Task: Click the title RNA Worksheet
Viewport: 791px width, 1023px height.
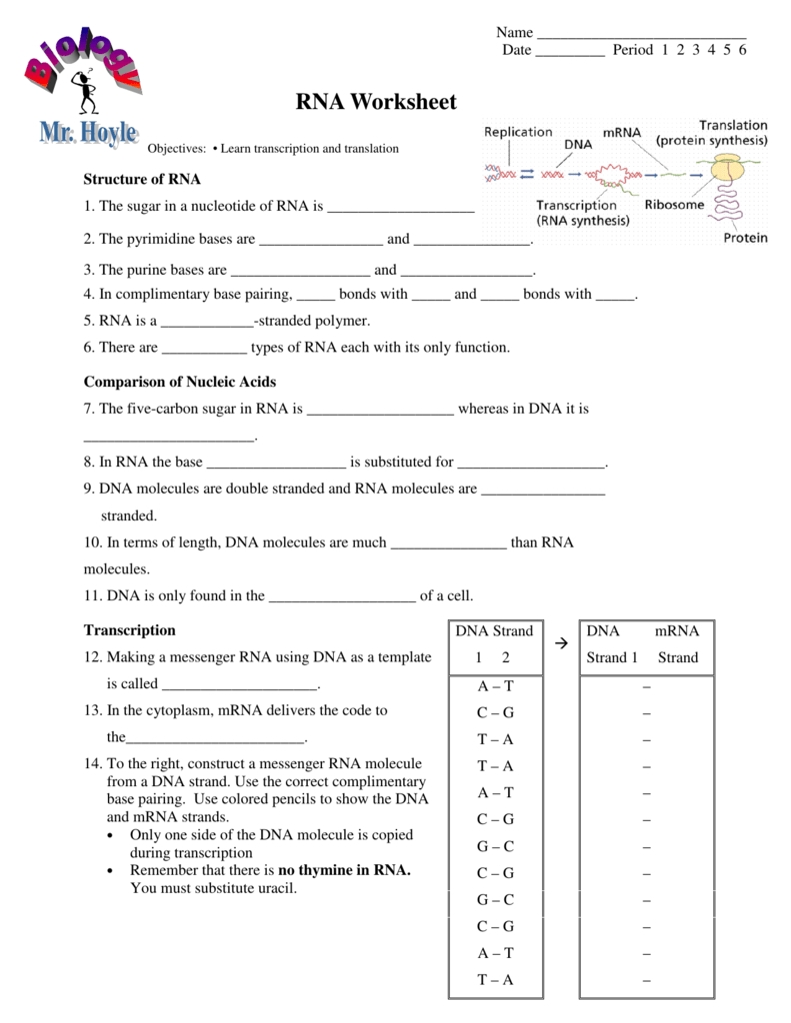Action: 376,102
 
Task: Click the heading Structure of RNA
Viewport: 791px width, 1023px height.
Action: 142,180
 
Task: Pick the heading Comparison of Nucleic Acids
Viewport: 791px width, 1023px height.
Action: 180,382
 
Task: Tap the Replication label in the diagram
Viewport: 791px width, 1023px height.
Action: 518,132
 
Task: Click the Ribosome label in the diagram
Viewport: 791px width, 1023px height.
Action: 674,205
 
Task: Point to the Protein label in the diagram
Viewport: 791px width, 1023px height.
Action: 745,238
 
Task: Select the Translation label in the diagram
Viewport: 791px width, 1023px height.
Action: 733,126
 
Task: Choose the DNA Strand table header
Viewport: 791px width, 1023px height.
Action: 494,631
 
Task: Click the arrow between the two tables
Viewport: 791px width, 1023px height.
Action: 561,644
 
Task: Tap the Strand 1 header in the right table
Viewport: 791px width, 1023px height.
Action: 612,657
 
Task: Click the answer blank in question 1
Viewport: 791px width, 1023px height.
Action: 400,209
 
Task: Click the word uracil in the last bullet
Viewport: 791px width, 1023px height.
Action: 275,888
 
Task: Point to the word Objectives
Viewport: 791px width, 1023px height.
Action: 176,149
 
